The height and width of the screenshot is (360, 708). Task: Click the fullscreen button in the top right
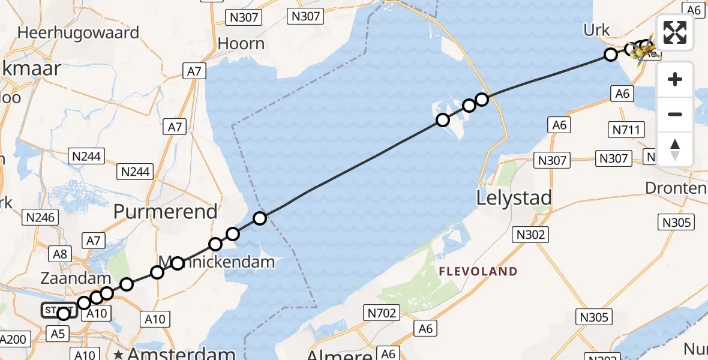pos(675,32)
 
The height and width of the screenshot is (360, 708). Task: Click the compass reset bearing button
pos(675,149)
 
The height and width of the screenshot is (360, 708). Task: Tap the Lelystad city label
pos(514,197)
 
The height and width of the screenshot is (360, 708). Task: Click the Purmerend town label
pos(165,211)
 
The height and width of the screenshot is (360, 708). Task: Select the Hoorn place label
pos(241,44)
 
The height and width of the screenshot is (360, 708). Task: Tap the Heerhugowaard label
pos(78,32)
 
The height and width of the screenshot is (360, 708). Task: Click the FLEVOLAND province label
pos(478,271)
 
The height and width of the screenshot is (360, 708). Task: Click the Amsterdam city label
pos(181,353)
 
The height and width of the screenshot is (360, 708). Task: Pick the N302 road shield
pos(529,234)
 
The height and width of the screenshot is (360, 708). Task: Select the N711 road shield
pos(626,129)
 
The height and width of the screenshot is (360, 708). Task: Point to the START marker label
pos(58,310)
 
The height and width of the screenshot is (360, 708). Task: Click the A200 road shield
pos(13,339)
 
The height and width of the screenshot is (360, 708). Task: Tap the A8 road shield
pos(61,253)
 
